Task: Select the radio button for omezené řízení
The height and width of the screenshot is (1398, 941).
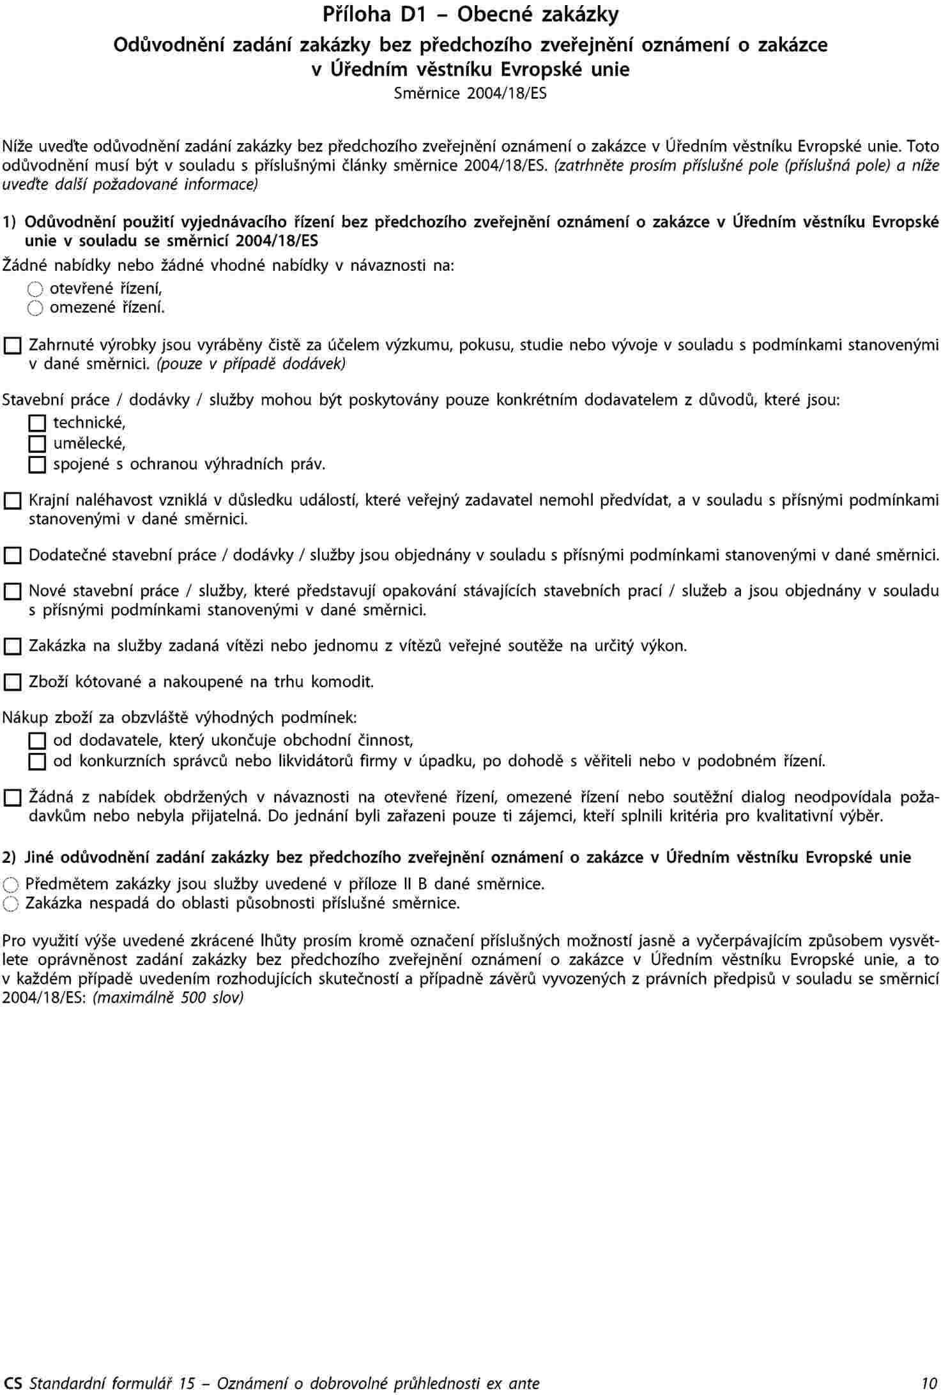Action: [x=35, y=309]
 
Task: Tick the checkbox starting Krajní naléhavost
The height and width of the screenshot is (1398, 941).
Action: [x=12, y=501]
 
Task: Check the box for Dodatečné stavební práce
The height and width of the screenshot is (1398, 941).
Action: [x=12, y=556]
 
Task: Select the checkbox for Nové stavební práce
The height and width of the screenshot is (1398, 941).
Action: [x=12, y=592]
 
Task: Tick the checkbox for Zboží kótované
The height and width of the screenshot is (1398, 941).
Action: [x=12, y=683]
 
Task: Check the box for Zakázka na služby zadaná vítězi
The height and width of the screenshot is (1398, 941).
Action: [x=12, y=647]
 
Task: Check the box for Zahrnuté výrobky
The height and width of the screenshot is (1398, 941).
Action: [x=12, y=347]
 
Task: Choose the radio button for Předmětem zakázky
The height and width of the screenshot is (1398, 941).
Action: [x=11, y=885]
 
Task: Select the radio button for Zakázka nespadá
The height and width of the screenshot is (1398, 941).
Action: [x=11, y=904]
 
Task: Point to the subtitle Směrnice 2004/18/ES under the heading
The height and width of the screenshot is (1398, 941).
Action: [x=470, y=94]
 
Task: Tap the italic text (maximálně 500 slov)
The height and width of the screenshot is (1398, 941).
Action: [x=169, y=998]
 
